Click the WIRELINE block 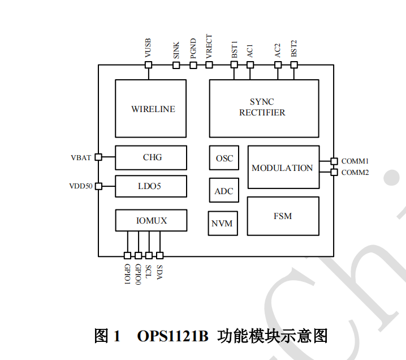[x=150, y=108]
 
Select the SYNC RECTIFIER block [x=264, y=108]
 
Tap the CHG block [x=151, y=157]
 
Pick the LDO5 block [x=151, y=186]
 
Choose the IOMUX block [x=151, y=220]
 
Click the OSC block [x=224, y=158]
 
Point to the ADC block [x=224, y=191]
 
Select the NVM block [x=222, y=223]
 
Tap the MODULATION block [x=283, y=168]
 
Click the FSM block [x=283, y=216]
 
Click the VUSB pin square [x=149, y=65]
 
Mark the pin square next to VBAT [x=98, y=157]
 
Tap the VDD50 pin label [x=81, y=186]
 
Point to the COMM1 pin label [x=355, y=161]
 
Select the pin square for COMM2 [x=334, y=172]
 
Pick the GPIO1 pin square [x=127, y=256]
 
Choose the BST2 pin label [x=294, y=48]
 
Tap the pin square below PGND [x=193, y=65]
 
